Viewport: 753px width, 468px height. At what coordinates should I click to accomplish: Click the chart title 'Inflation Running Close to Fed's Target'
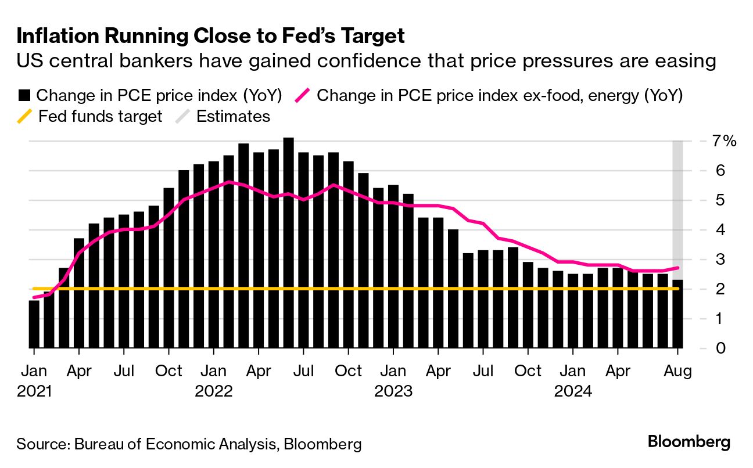(x=210, y=36)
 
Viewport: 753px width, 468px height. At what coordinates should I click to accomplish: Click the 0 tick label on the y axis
(x=704, y=348)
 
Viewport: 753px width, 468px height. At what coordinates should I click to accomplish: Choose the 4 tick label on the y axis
(x=704, y=230)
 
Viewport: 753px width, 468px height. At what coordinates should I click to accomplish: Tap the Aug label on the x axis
(x=677, y=371)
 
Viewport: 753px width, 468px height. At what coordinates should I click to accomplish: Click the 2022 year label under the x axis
(x=214, y=391)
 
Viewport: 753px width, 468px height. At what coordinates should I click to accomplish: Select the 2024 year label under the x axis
(x=573, y=391)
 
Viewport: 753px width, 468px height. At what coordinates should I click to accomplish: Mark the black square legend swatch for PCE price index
(x=24, y=95)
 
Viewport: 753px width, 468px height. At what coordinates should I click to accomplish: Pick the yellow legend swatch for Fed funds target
(x=24, y=117)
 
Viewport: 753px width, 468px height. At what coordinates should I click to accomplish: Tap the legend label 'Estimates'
(x=233, y=117)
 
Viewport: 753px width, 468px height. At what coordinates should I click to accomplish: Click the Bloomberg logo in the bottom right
(x=689, y=442)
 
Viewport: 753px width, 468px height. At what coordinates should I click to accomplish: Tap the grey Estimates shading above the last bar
(x=677, y=203)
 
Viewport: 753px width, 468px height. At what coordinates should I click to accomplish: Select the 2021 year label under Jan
(x=35, y=391)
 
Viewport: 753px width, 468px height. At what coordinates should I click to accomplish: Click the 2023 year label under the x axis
(x=393, y=391)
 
